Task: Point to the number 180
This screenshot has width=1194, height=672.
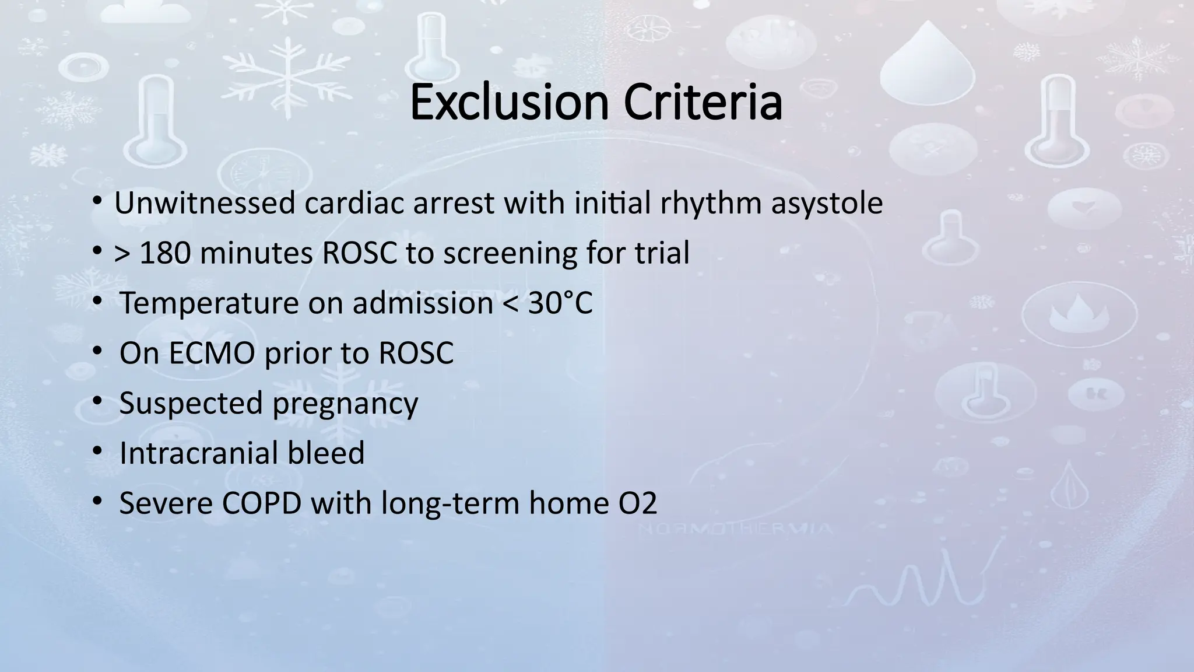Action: point(165,253)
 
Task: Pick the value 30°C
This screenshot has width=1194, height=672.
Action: point(560,303)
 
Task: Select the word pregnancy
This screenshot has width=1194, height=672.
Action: point(345,403)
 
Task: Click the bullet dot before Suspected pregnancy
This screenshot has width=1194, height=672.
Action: point(97,401)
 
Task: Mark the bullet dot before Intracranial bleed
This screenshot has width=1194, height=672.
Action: point(97,451)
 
